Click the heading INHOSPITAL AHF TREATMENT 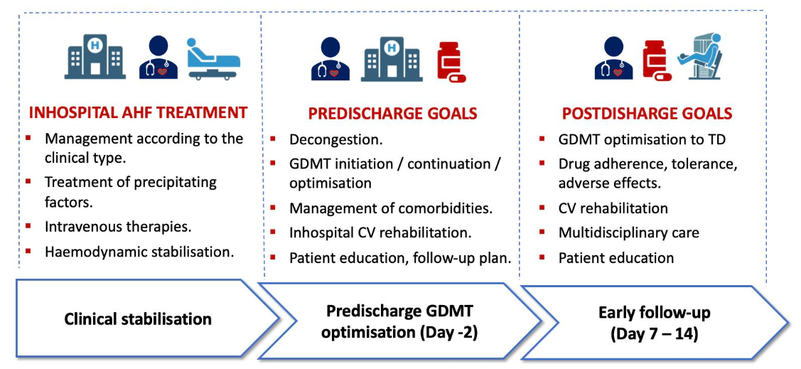click(138, 112)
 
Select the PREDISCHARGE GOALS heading click(392, 114)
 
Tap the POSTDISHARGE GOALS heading click(647, 114)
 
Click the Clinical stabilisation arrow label click(138, 319)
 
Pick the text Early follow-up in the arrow click(654, 312)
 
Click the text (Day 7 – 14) click(654, 333)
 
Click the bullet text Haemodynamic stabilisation click(139, 251)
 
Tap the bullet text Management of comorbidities click(391, 209)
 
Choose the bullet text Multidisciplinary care click(629, 232)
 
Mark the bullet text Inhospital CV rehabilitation click(380, 232)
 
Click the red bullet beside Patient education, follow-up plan click(275, 257)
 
